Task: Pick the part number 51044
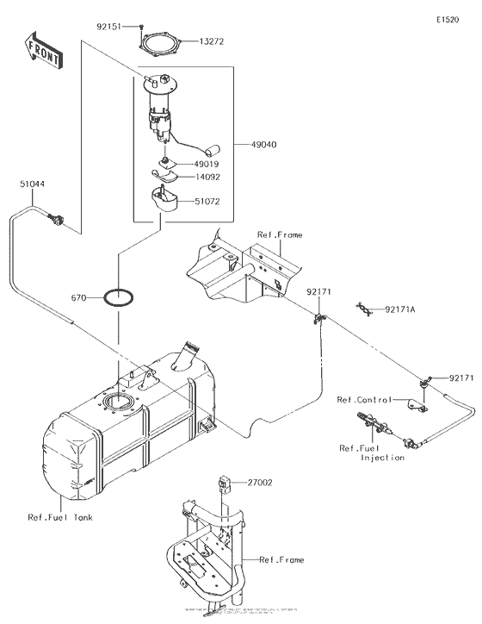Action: tap(33, 184)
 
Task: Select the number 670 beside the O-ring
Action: tap(80, 298)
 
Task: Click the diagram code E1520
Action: tap(448, 18)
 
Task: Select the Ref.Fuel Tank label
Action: tap(59, 518)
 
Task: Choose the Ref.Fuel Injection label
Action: tap(371, 452)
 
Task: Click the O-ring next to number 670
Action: tap(119, 299)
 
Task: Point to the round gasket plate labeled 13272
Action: tap(159, 42)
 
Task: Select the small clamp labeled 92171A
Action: tap(367, 308)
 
